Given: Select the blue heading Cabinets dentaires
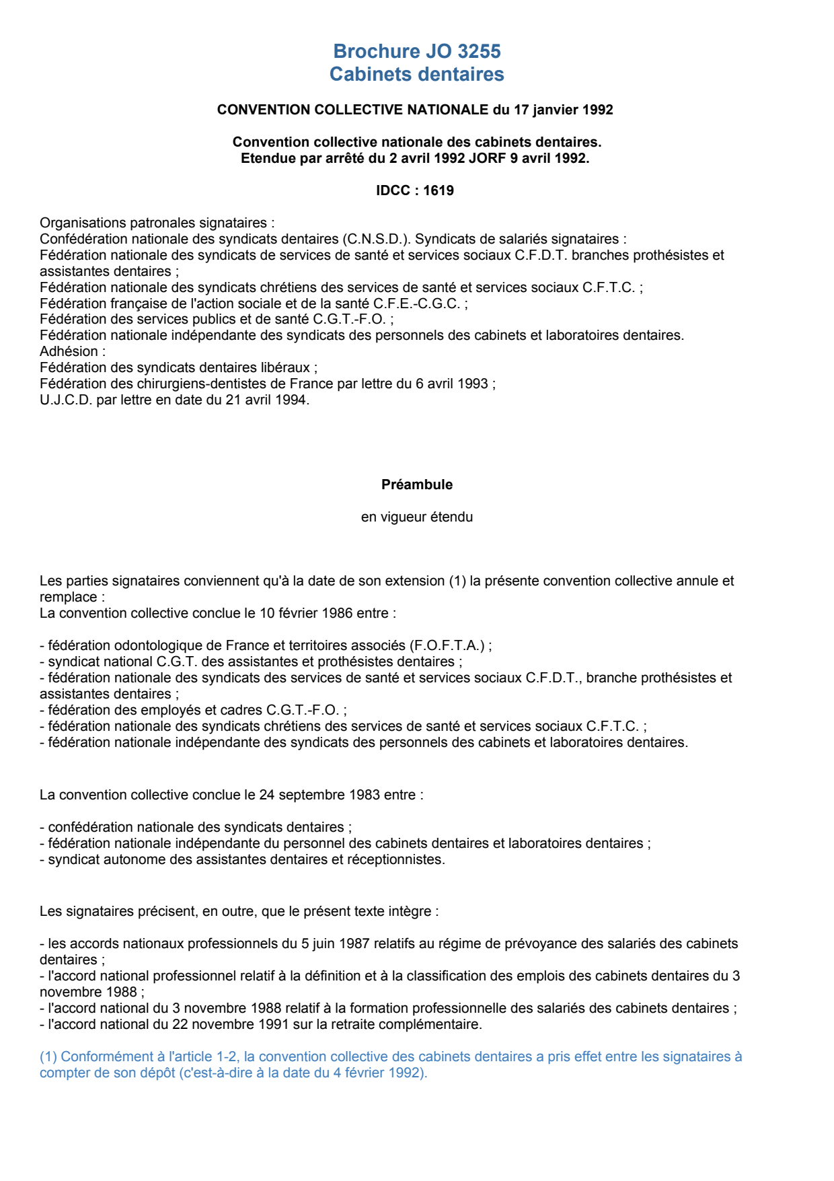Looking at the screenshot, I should (x=416, y=74).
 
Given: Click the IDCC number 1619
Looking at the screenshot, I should (x=439, y=190).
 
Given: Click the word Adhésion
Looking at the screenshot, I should (x=69, y=351).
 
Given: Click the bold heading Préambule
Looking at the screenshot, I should (x=417, y=485).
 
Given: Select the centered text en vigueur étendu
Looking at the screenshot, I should (x=417, y=517).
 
